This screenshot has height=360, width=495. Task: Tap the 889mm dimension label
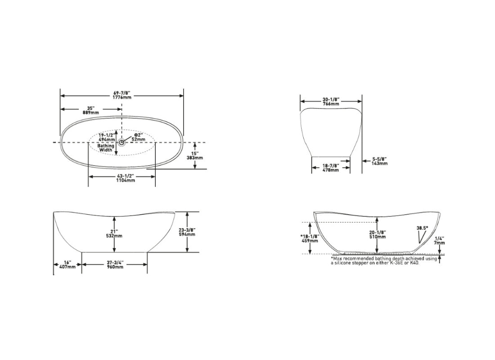[91, 112]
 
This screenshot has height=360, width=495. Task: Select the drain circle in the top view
[121, 142]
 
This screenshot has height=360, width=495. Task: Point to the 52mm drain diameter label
[139, 139]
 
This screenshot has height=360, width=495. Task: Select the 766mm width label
[331, 104]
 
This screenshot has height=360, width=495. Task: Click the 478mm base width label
[331, 170]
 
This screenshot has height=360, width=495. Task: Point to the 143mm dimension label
[380, 163]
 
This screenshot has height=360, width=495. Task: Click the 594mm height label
[187, 234]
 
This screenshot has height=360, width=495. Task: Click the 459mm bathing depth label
[310, 241]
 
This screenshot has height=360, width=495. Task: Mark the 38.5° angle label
[422, 228]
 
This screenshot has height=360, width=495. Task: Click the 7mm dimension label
[440, 243]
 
